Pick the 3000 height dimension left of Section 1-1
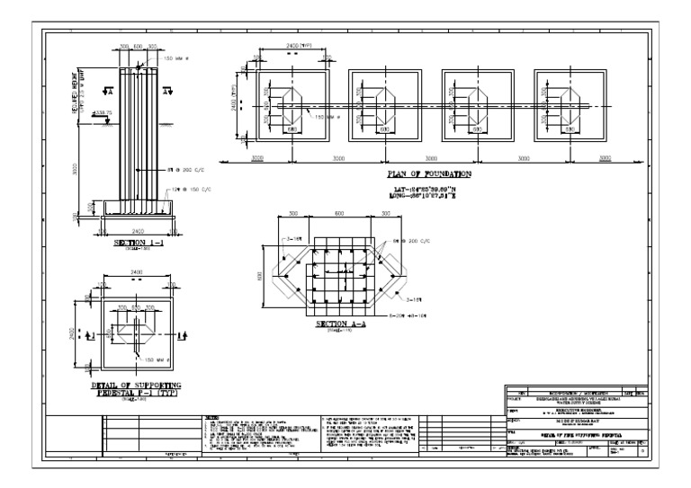point(76,168)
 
